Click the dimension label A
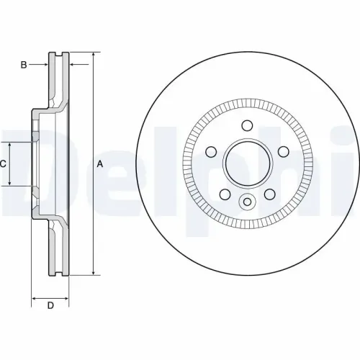[x=100, y=164]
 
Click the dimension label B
[x=23, y=66]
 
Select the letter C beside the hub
[x=3, y=164]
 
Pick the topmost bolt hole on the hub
[x=247, y=126]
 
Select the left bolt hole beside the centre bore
[x=212, y=153]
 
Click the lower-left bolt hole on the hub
[x=224, y=194]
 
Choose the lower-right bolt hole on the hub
[x=269, y=194]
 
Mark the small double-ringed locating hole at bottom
[x=247, y=202]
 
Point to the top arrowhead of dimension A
[x=93, y=56]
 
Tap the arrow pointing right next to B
[x=44, y=66]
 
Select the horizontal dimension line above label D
[x=50, y=296]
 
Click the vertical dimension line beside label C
[x=10, y=164]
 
